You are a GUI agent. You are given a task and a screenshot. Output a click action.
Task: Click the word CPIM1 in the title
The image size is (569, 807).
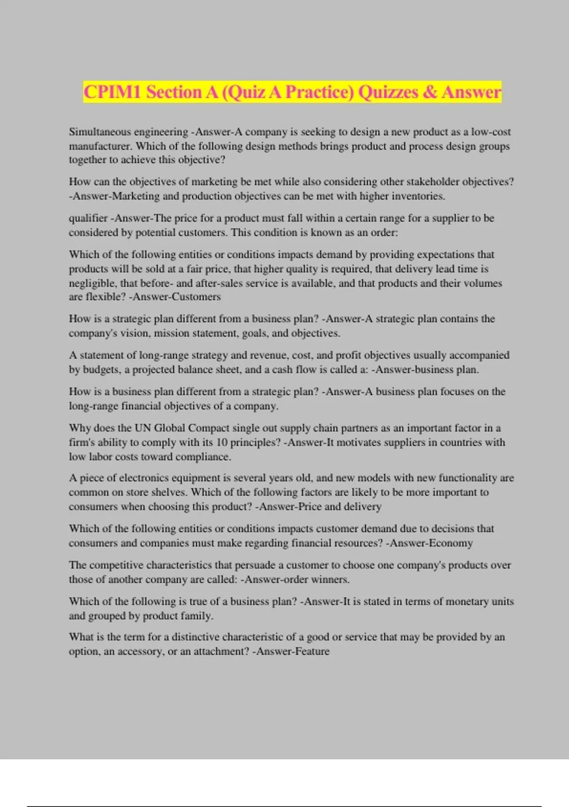(112, 92)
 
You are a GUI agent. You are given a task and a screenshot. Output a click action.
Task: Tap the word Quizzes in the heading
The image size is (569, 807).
(388, 92)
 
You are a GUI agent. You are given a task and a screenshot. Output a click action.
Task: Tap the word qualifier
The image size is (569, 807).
(88, 218)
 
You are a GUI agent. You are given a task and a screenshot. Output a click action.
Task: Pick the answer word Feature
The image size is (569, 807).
(312, 651)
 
